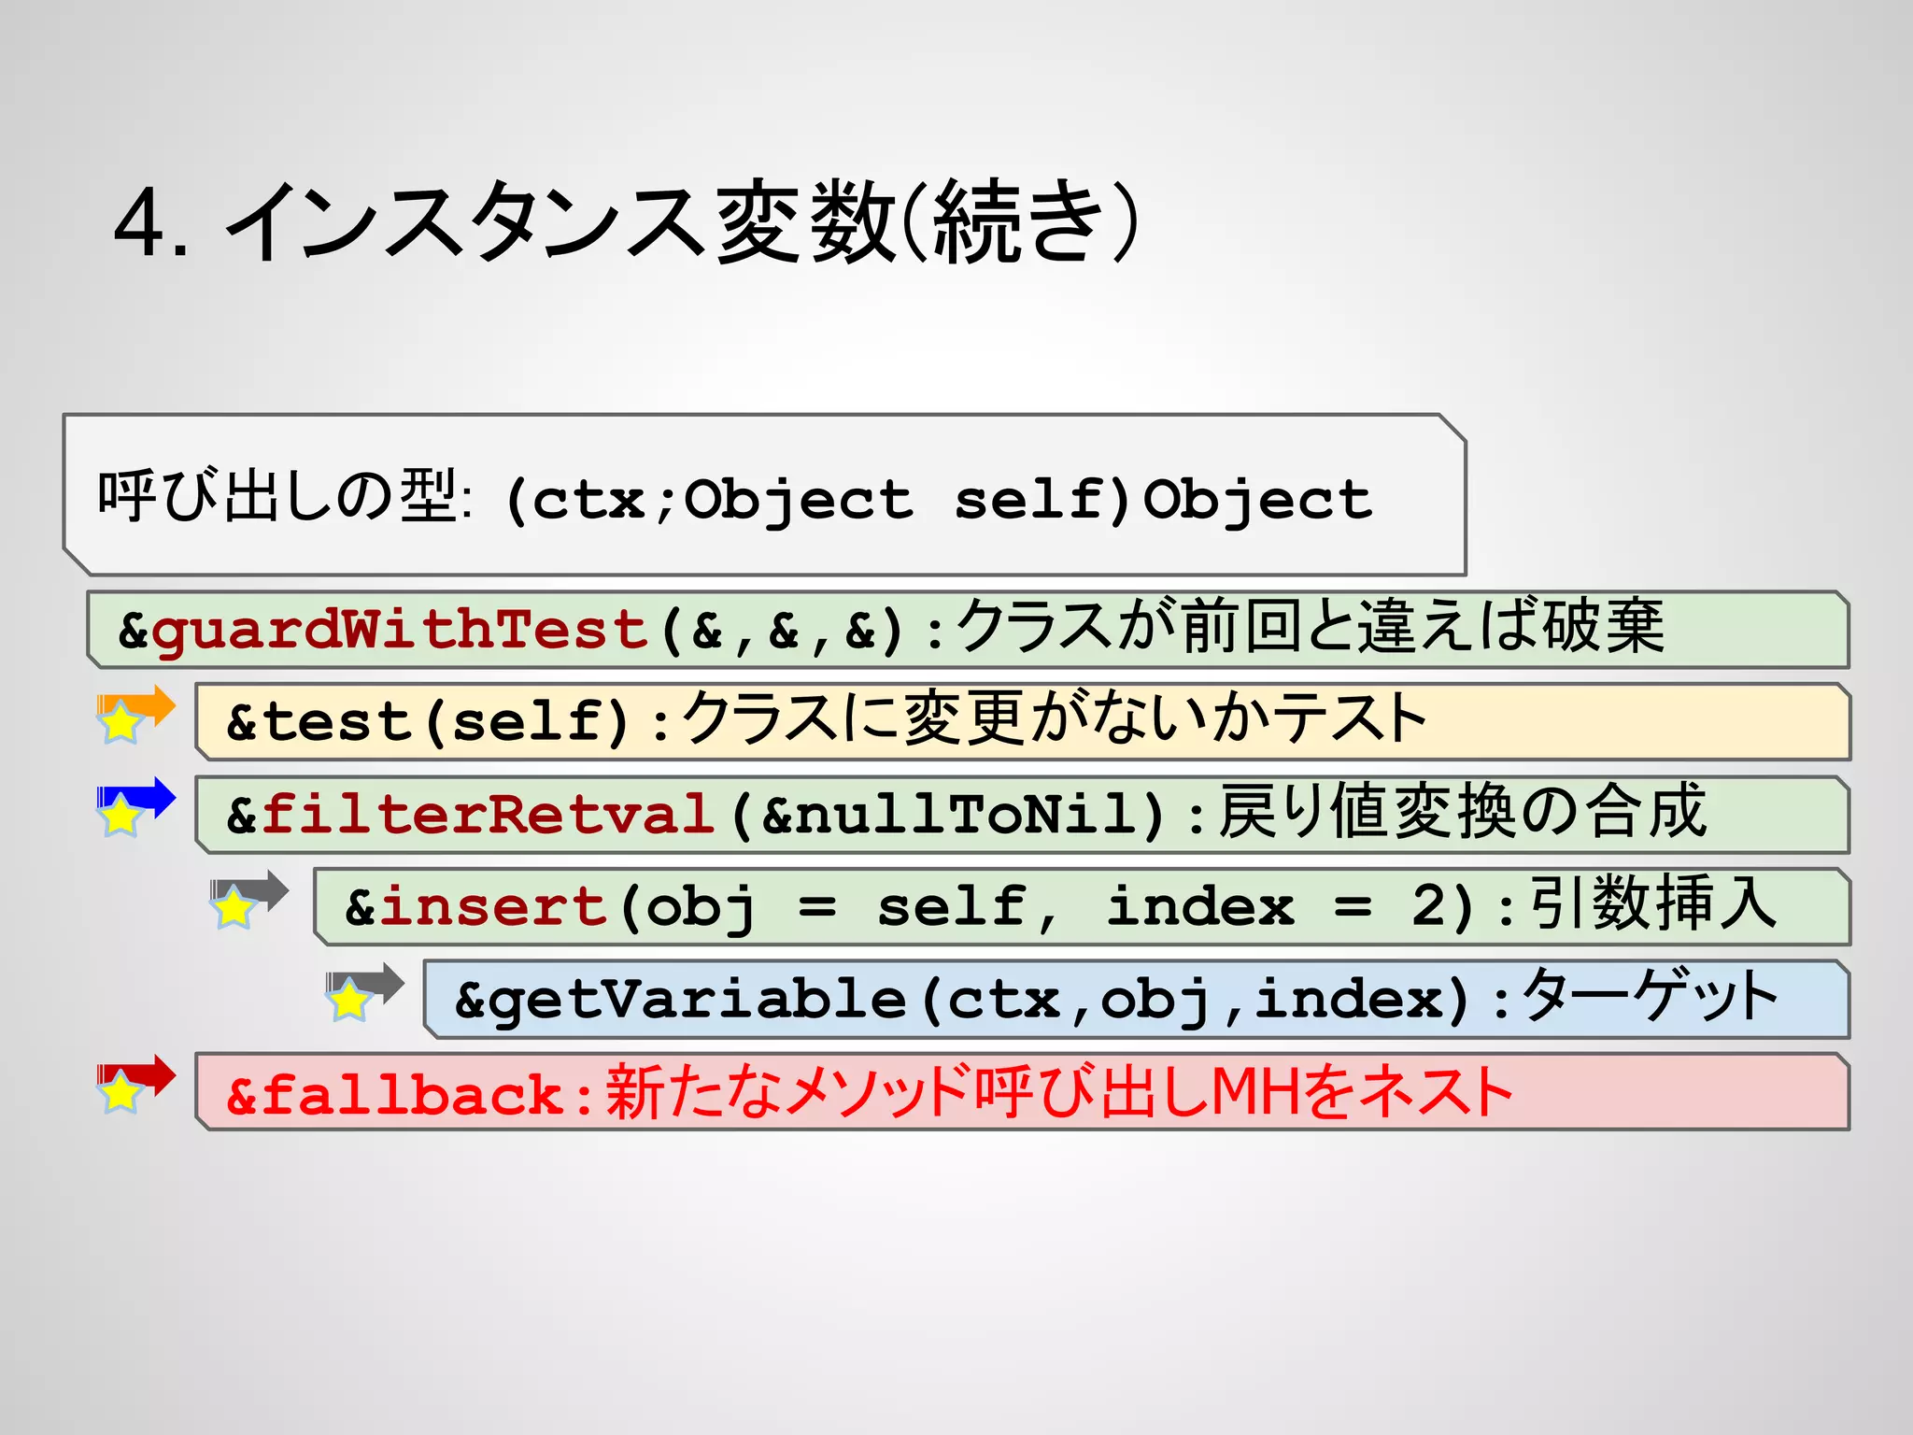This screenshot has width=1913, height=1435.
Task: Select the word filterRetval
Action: [x=488, y=815]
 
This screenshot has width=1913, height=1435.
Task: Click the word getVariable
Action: [x=696, y=1000]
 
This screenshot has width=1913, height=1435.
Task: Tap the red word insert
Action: [x=494, y=907]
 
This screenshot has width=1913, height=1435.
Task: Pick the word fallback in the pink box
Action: [x=411, y=1095]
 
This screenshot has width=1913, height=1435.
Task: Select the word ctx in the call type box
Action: [x=588, y=500]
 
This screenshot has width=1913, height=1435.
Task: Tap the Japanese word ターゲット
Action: [x=1650, y=996]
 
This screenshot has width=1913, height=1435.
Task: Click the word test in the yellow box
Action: [x=337, y=722]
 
